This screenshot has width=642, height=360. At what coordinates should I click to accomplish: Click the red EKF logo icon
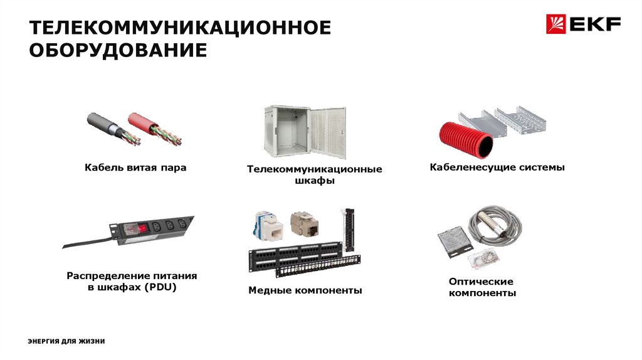[555, 24]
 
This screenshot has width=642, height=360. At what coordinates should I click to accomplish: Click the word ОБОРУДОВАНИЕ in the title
[118, 50]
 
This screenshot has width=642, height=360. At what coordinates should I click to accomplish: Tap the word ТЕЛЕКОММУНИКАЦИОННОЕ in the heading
[180, 28]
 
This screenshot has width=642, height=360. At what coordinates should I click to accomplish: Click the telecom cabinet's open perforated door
[327, 132]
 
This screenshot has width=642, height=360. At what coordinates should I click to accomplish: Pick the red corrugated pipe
[466, 140]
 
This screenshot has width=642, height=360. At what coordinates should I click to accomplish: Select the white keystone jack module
[269, 226]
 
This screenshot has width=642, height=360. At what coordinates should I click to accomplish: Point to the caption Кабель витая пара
[135, 167]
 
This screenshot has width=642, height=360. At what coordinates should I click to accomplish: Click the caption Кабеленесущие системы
[497, 167]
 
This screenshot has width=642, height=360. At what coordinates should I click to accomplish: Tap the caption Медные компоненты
[305, 290]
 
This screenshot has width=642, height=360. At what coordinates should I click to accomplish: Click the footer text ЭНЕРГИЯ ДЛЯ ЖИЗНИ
[66, 341]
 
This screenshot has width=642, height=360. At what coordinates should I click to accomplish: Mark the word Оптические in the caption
[481, 282]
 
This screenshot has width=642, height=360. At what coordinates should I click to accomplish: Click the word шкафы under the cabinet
[315, 181]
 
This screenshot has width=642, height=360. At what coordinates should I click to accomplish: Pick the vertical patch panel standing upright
[349, 230]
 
